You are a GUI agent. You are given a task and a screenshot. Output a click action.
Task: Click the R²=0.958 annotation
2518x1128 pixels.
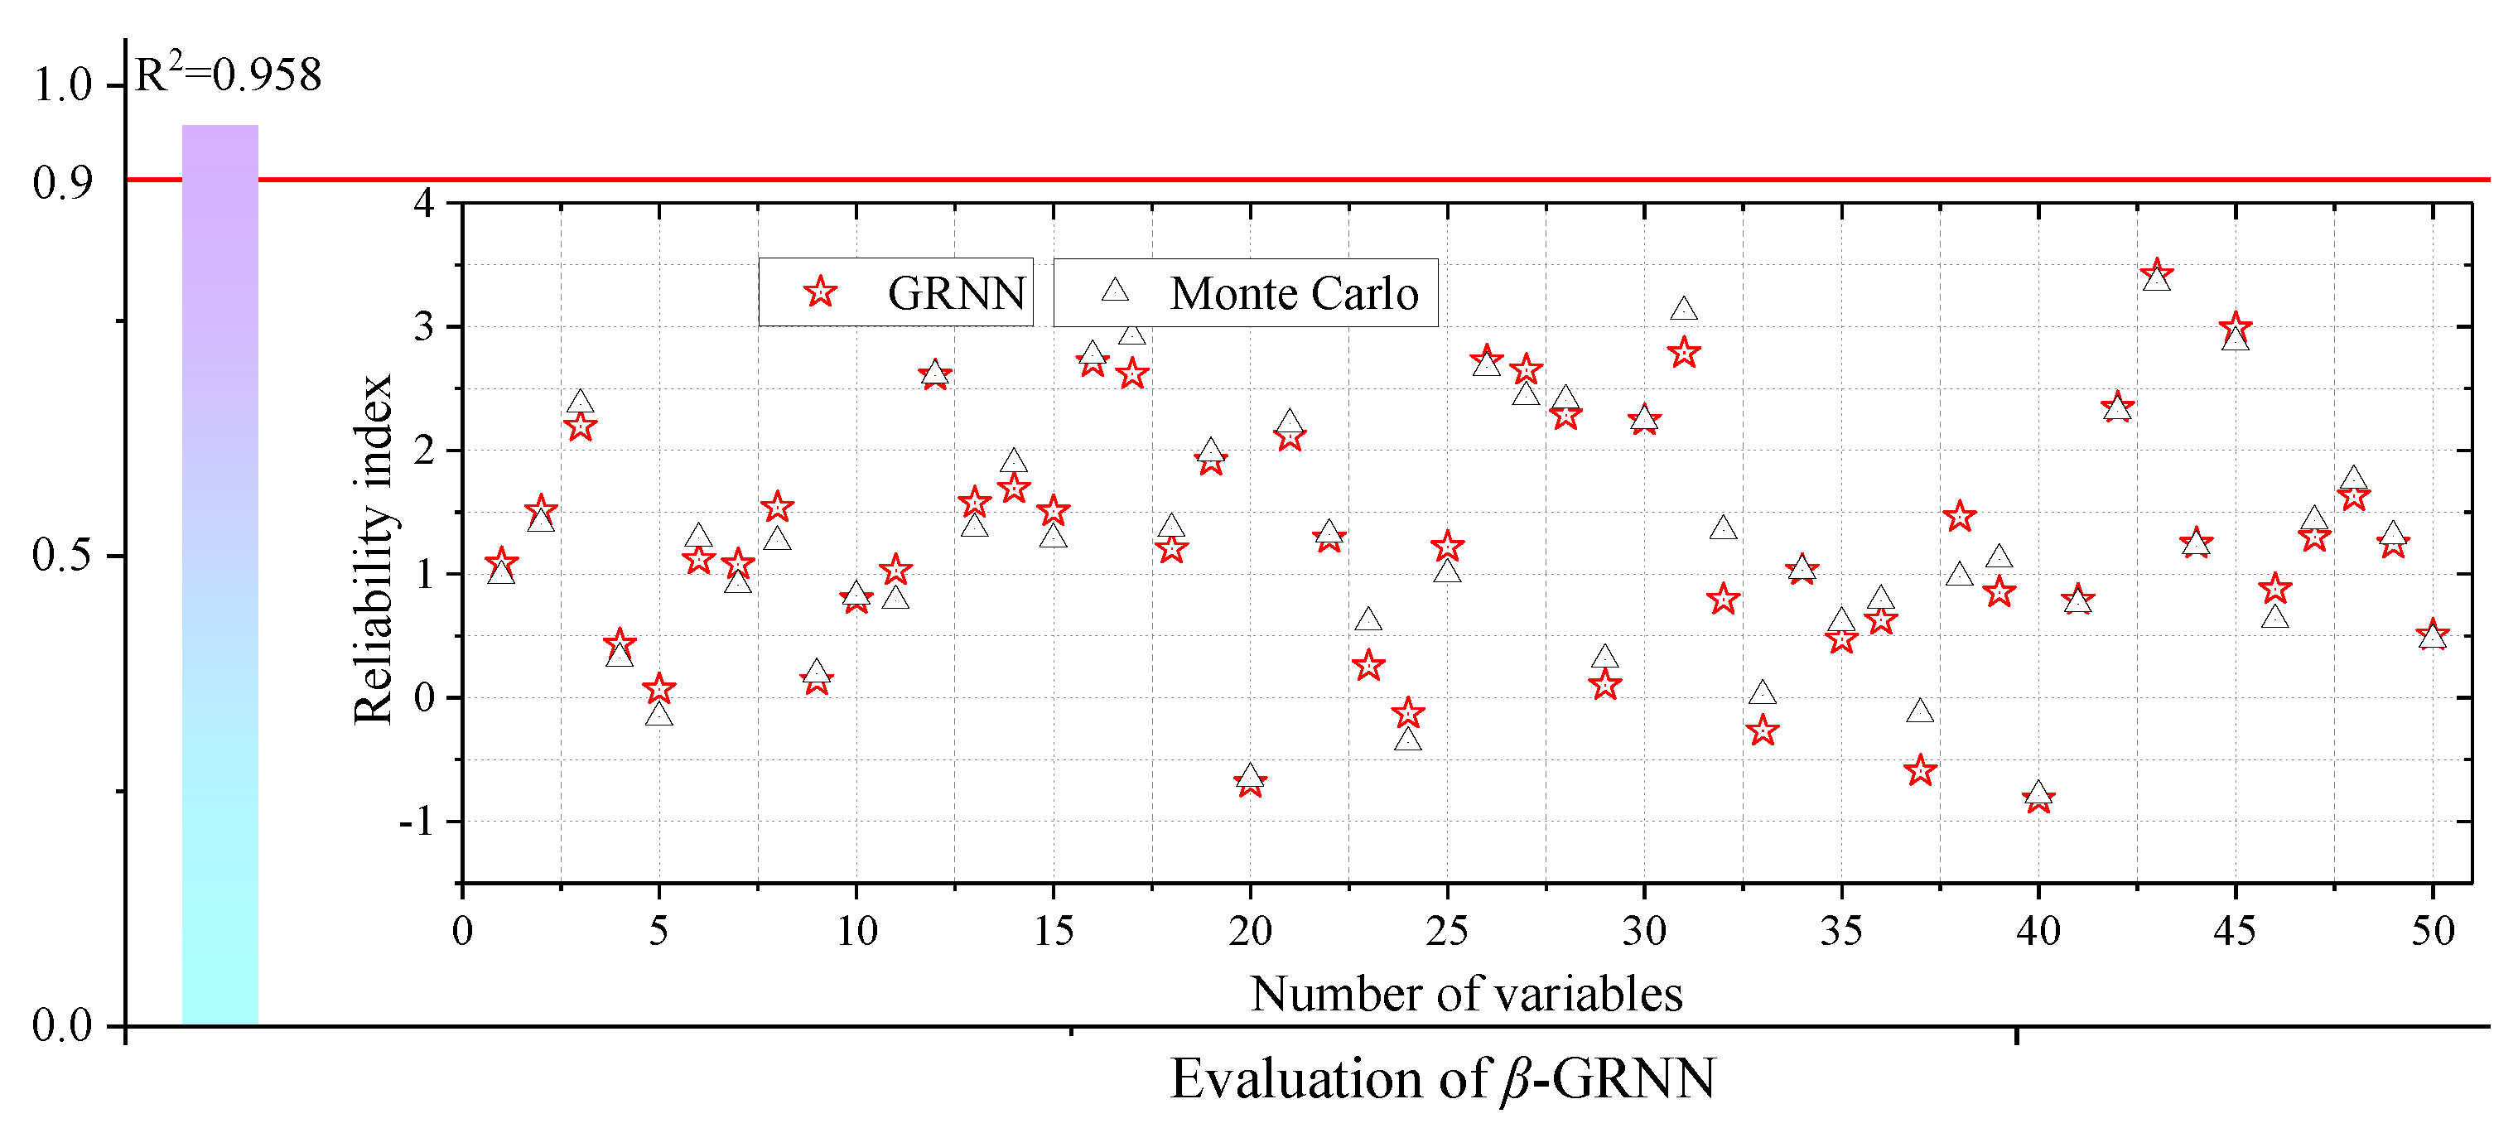coord(227,75)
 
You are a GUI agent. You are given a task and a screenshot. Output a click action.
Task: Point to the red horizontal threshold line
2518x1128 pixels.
coord(1368,180)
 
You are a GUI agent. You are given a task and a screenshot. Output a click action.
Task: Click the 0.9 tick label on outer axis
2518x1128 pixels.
coord(63,183)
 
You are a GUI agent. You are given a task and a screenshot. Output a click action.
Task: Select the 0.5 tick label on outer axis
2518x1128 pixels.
coord(63,555)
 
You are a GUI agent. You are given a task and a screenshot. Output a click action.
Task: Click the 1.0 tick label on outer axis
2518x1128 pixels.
coord(63,86)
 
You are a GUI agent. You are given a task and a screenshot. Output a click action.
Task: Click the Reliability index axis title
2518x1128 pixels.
coord(374,549)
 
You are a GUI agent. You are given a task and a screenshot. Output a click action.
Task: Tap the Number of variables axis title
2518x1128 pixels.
coord(1466,994)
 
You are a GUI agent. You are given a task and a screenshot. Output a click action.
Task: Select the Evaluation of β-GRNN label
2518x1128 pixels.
coord(1443,1079)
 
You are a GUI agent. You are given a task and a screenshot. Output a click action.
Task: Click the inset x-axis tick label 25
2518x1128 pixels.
coord(1447,931)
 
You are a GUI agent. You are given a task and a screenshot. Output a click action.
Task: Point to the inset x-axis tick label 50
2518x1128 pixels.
coord(2432,931)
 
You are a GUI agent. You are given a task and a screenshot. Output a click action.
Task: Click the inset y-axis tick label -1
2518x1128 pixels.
coord(416,821)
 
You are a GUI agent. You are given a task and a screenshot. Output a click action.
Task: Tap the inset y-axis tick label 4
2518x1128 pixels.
coord(423,203)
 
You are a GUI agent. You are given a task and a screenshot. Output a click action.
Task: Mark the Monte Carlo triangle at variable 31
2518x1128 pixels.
coord(1683,310)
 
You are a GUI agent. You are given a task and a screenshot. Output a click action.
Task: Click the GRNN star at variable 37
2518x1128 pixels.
coord(1920,770)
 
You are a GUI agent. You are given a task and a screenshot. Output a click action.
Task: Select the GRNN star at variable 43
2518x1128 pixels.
coord(2156,272)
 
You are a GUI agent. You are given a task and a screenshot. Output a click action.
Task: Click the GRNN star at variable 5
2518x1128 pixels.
coord(658,688)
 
